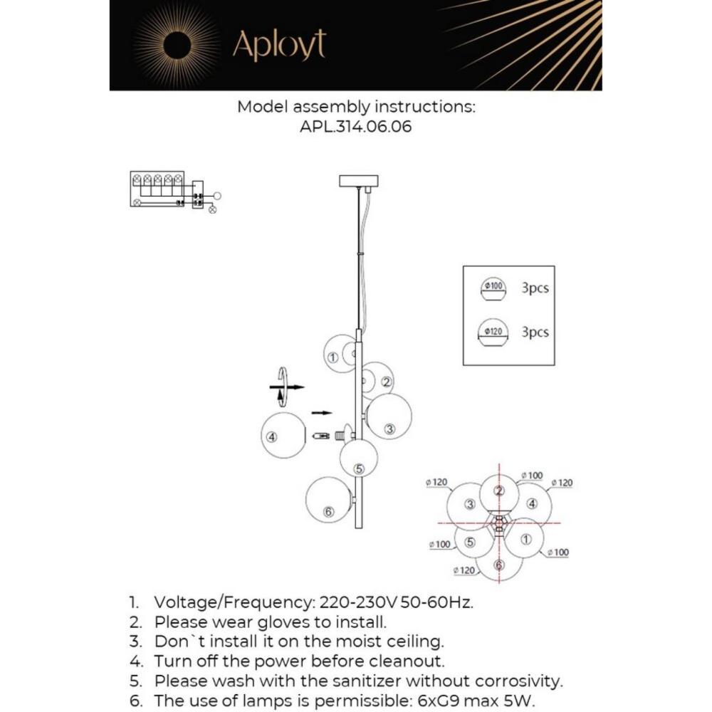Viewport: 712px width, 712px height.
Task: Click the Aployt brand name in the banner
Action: click(279, 45)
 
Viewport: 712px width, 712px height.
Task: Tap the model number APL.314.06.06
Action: click(355, 127)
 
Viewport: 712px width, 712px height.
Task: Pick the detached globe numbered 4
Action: click(283, 436)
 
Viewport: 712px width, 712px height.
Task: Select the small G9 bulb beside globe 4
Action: click(321, 434)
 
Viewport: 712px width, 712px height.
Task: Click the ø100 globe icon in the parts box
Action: click(494, 289)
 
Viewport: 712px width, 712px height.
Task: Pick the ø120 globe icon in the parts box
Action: click(494, 333)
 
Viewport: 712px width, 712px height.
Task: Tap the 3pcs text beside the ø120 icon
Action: click(535, 332)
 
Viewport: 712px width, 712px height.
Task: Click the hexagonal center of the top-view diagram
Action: click(499, 524)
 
